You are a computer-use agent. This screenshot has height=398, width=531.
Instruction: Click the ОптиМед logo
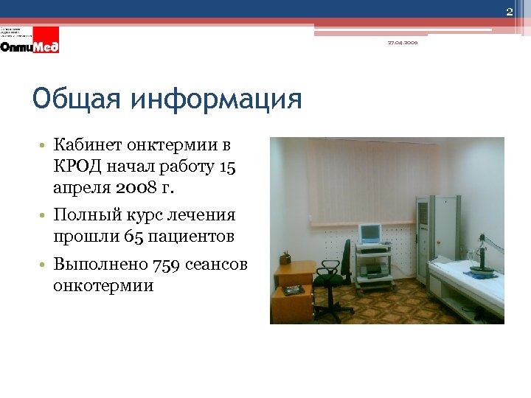[30, 45]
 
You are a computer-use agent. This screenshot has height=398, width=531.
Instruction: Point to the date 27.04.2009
[402, 43]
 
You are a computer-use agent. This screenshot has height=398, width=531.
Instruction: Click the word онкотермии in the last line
[103, 285]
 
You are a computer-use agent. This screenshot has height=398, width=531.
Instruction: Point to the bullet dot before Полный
[45, 216]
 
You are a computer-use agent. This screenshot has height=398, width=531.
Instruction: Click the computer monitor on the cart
[369, 234]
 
